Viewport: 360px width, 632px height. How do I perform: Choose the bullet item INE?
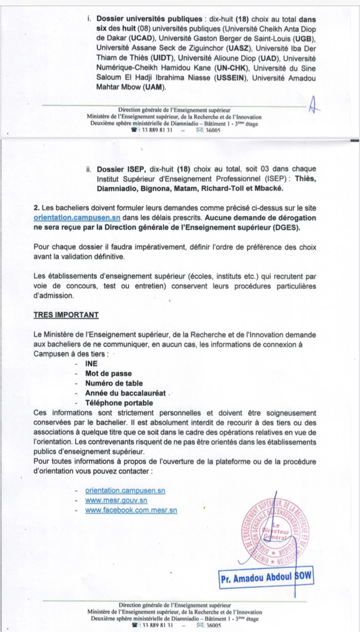pyautogui.click(x=92, y=364)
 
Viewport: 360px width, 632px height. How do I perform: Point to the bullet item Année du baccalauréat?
pyautogui.click(x=126, y=393)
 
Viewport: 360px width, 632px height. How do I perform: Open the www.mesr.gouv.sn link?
pyautogui.click(x=116, y=500)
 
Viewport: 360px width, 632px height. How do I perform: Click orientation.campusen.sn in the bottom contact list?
pyautogui.click(x=126, y=490)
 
